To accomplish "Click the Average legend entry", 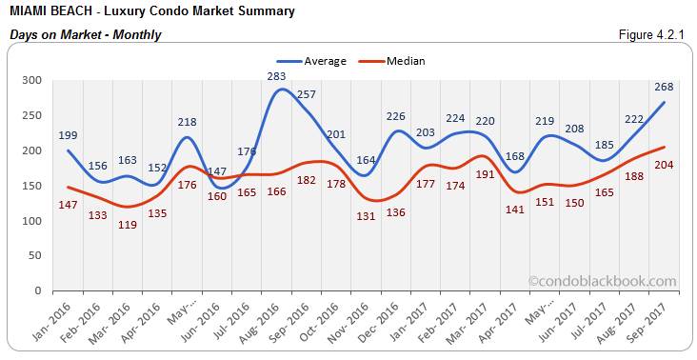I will point(319,61).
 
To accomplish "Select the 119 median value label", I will point(128,224).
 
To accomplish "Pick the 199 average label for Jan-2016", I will point(68,135).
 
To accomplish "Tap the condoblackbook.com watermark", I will point(602,281).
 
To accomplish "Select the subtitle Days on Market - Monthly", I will point(85,35).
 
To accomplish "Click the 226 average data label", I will point(394,116).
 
